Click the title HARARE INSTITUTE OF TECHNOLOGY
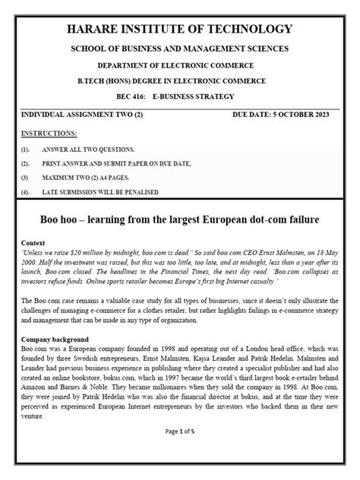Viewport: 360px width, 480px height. coord(180,29)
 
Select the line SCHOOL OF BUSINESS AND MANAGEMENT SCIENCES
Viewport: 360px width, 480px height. coord(180,49)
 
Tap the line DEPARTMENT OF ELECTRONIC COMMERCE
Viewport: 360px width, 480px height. coord(180,65)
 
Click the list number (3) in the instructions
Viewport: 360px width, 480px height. coord(26,177)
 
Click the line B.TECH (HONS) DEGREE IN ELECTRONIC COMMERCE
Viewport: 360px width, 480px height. coord(180,81)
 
